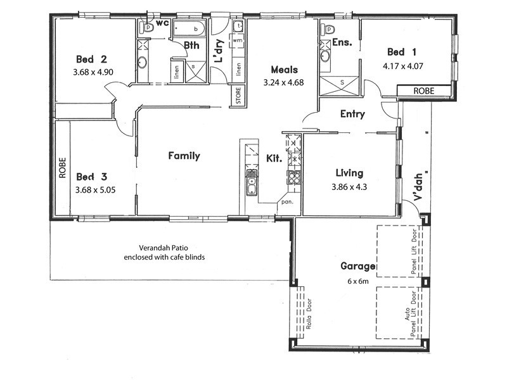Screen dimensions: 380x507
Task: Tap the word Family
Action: [x=184, y=156]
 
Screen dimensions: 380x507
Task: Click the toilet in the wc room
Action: [x=148, y=27]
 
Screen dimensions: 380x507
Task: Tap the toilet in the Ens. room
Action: [x=328, y=29]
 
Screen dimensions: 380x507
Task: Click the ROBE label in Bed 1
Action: [x=424, y=91]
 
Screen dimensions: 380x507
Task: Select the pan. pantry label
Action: [x=287, y=203]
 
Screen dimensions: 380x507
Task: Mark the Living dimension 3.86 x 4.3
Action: [x=350, y=187]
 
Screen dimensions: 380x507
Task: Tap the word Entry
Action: [x=352, y=114]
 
